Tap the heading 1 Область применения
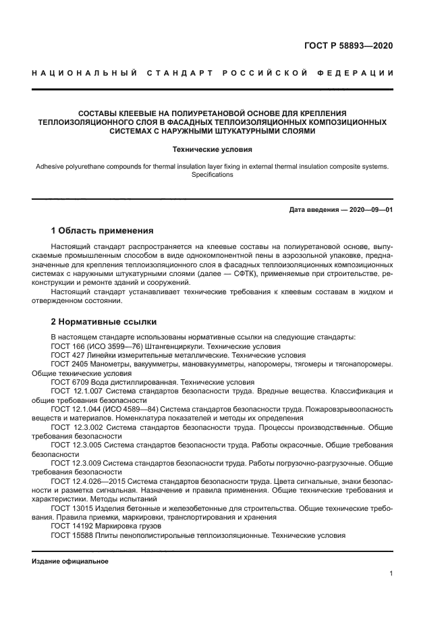(102, 231)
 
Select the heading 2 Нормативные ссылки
(103, 321)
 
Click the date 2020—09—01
(368, 210)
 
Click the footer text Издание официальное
(70, 561)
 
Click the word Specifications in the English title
(212, 175)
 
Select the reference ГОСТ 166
(66, 346)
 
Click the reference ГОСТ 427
(66, 354)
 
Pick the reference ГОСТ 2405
(68, 363)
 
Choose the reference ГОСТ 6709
(68, 381)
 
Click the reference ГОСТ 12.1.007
(74, 391)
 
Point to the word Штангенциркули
(168, 346)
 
